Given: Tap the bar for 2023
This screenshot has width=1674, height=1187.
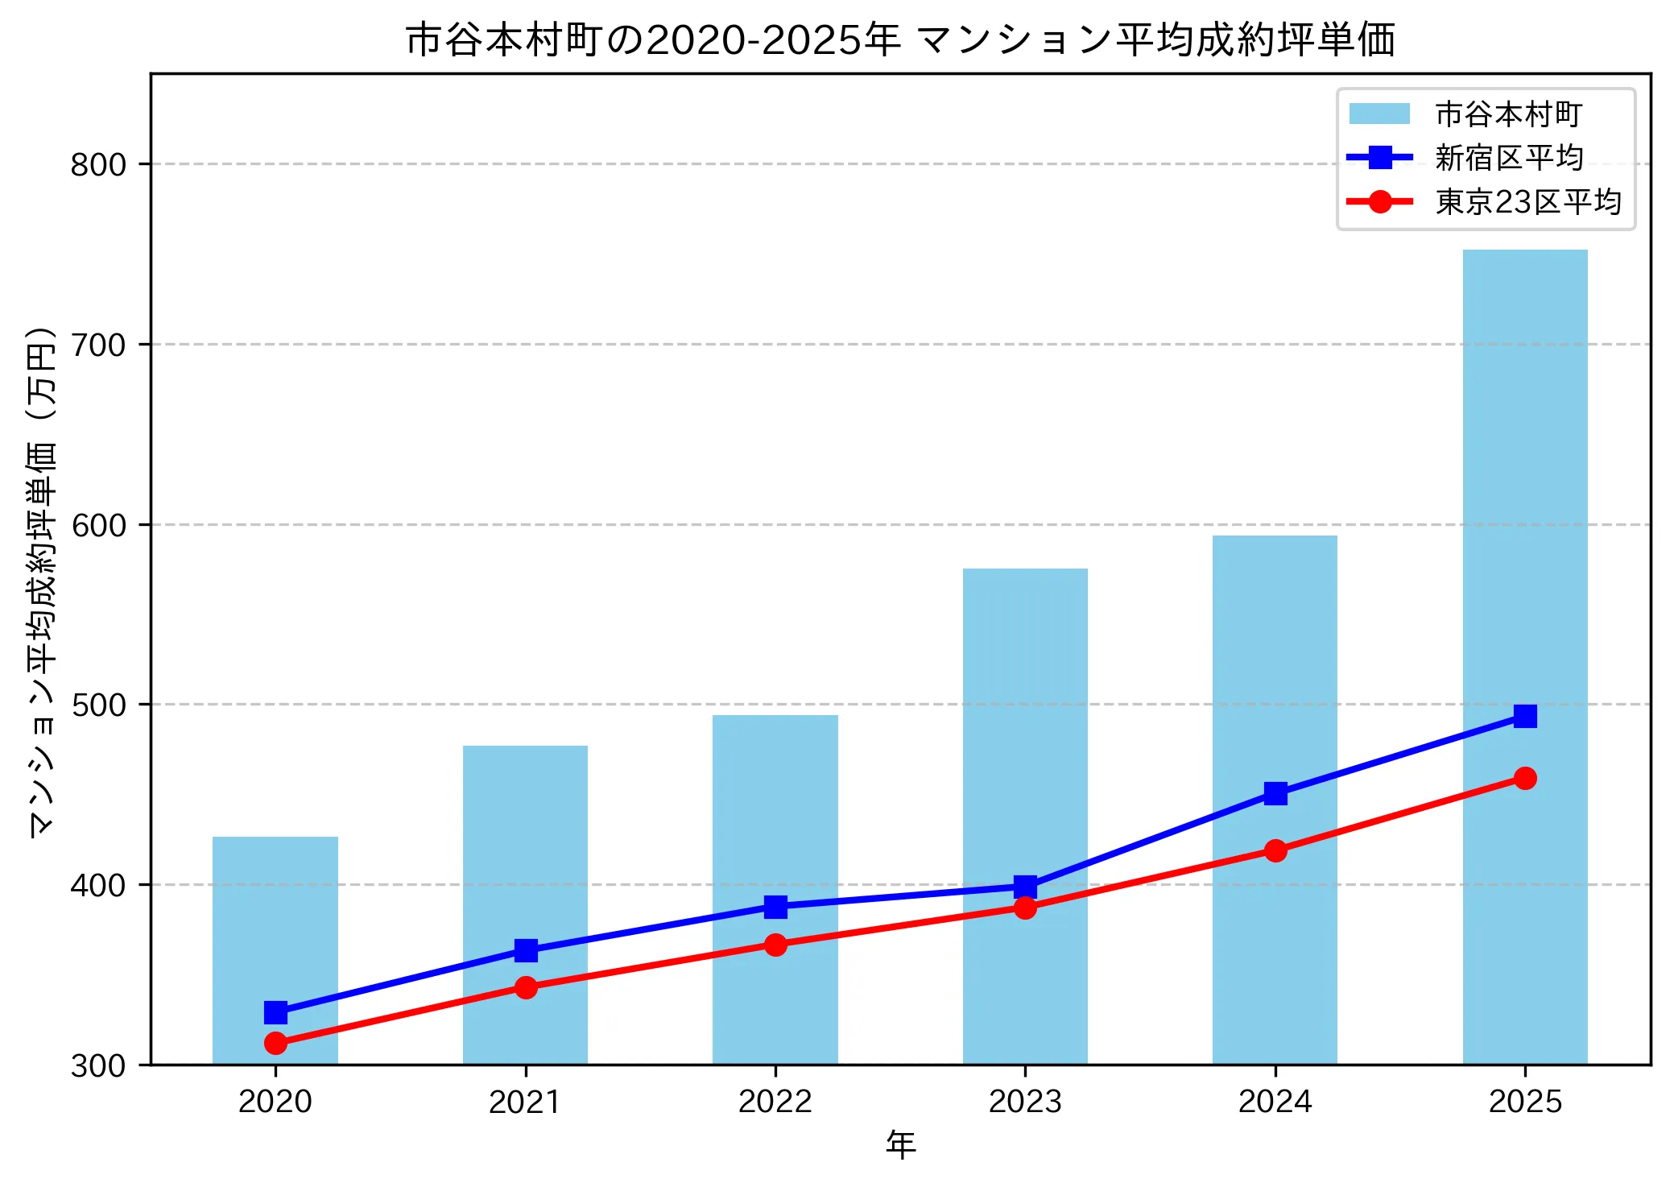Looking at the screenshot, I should click(1024, 725).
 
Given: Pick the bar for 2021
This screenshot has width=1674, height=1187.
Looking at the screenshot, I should click(525, 846).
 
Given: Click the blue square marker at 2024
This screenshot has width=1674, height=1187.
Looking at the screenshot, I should click(1275, 793).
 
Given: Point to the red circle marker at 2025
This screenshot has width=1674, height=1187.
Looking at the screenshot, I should click(1524, 778).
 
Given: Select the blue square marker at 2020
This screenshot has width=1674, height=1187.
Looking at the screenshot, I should click(275, 1012).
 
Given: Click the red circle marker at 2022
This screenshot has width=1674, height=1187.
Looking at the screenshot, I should click(775, 945).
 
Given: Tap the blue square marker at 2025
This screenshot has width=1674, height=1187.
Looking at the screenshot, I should click(1524, 716).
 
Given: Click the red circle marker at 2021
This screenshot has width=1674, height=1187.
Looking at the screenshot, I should click(525, 987).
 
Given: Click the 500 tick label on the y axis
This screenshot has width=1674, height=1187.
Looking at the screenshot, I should click(98, 705).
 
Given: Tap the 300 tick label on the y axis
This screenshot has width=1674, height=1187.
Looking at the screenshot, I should click(98, 1065).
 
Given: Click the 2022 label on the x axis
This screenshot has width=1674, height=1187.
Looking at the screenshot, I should click(775, 1101).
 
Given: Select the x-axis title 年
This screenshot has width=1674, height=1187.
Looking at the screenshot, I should click(900, 1144).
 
